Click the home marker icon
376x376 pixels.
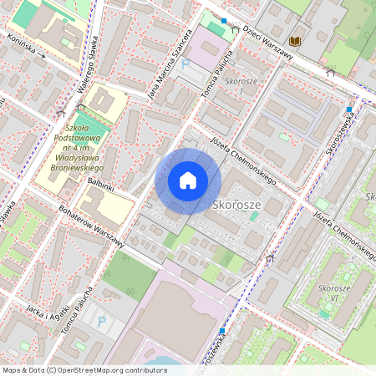[188, 180]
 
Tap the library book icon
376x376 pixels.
[294, 40]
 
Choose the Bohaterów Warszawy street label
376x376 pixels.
[92, 226]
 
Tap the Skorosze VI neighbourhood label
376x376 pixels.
[333, 292]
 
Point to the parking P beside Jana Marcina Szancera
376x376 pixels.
[185, 64]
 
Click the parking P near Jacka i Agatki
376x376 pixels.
[102, 321]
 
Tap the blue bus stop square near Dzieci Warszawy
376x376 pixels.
[224, 20]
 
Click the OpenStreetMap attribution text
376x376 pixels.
[84, 369]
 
